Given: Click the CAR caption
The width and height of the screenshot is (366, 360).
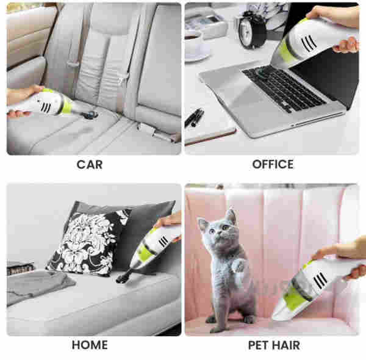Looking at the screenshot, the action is coord(90,165).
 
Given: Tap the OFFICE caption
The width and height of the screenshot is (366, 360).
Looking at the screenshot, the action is coord(273,164).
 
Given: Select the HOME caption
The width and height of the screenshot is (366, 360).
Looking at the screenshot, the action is coord(90,345).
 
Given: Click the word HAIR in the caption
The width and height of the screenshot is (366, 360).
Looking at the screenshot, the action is coord(287,345).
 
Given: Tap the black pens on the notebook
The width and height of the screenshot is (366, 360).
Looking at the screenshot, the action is coord(194,117).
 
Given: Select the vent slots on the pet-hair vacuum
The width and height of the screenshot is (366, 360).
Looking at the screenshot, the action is coord(320,281).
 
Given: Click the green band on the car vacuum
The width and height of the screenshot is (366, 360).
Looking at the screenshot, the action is coord(67,106).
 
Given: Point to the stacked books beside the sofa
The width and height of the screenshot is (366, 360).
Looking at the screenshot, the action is coord(21,268).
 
